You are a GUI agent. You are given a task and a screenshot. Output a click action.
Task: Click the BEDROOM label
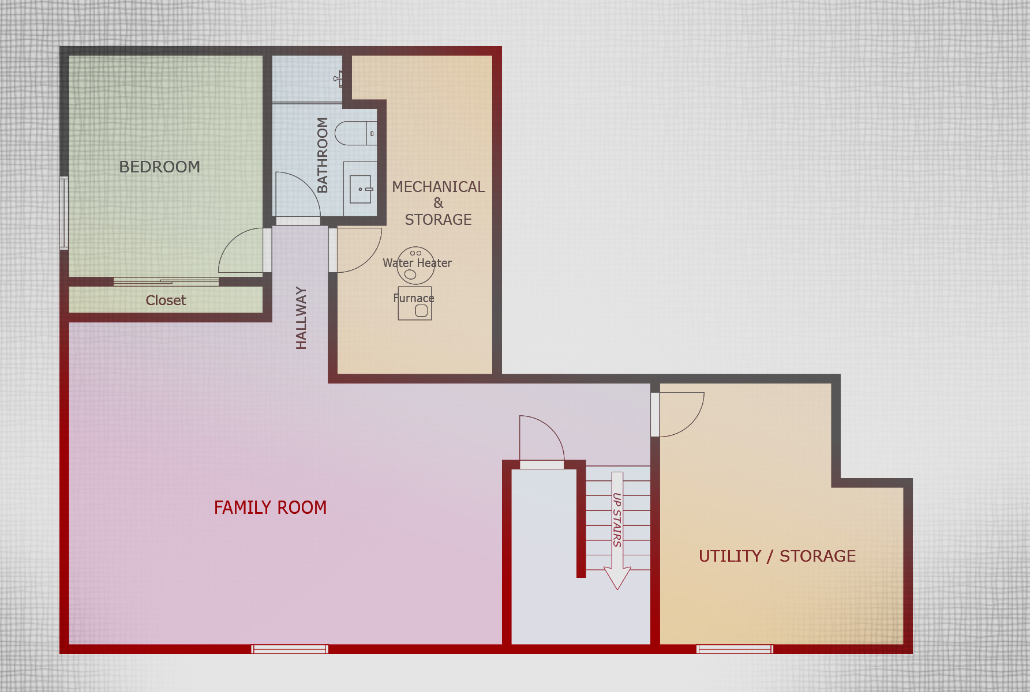pos(160,167)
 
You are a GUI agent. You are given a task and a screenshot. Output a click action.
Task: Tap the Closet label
pos(166,300)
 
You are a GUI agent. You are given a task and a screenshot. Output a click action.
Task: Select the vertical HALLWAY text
pos(301,318)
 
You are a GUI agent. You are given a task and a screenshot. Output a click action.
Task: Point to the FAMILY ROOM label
pos(270,507)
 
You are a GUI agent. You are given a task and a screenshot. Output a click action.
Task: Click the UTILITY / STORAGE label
pos(777,556)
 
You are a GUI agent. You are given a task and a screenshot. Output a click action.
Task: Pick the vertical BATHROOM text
pos(323,155)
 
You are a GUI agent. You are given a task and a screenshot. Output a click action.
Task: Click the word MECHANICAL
pos(439,187)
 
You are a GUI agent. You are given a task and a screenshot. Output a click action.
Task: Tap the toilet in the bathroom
pos(355,133)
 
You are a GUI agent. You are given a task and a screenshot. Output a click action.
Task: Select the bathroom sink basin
pos(361,189)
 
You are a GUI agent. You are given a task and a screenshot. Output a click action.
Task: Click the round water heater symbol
pos(415,265)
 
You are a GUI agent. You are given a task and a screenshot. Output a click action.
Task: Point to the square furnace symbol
pos(415,303)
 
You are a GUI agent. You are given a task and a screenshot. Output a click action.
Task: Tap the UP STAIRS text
pos(617,520)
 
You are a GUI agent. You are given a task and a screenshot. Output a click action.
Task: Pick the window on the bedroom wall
pos(64,213)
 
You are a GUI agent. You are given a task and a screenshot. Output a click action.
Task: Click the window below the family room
pos(290,649)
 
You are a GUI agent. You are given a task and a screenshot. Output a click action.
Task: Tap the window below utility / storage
pos(735,649)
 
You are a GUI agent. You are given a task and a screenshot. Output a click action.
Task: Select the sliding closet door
pos(166,282)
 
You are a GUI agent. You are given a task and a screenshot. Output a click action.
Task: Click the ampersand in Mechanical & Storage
pos(439,203)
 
